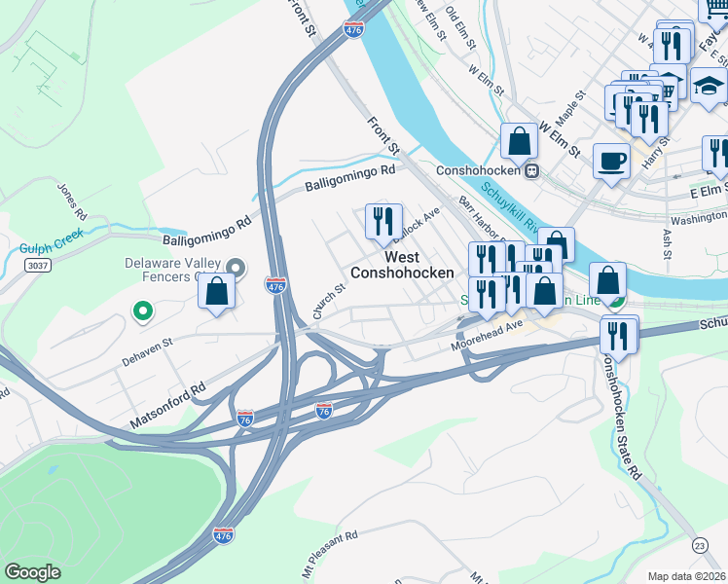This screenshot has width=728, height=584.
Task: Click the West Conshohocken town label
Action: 402,265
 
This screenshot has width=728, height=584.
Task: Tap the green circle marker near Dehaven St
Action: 142,311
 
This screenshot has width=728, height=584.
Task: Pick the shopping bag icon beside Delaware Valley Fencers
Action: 217,290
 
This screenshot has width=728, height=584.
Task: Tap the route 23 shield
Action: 700,546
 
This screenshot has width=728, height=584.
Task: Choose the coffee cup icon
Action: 612,160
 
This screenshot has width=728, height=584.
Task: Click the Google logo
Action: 32,572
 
